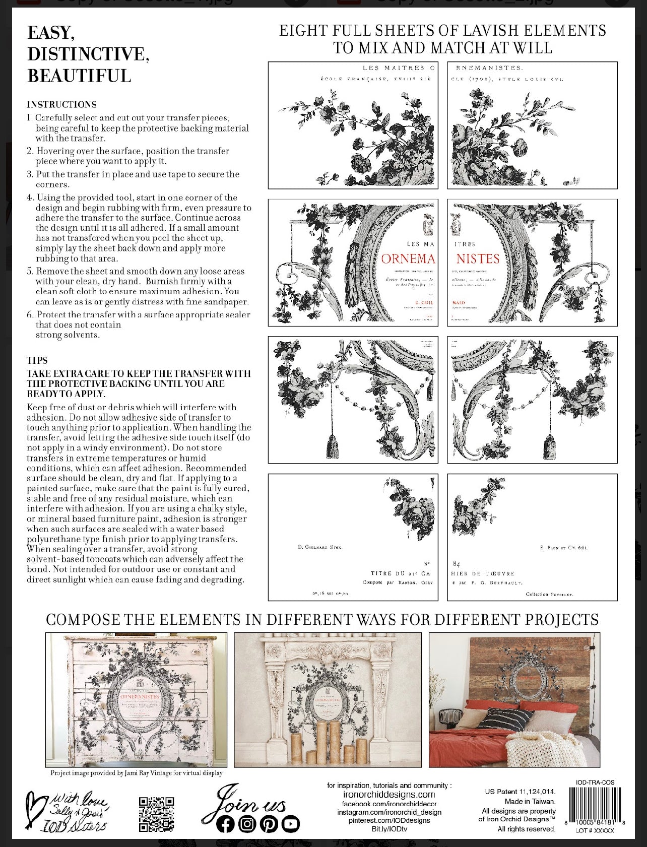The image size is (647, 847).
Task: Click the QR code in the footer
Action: [157, 814]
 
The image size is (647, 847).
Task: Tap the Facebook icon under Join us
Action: [225, 824]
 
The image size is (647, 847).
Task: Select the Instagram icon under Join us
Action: [247, 824]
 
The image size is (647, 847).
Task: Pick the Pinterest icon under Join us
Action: [269, 824]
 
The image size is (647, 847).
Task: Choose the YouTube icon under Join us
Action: [290, 824]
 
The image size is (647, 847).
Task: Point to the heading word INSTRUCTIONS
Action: [61, 104]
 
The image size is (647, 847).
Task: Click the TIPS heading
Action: [37, 360]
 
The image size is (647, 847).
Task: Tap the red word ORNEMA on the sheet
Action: [408, 259]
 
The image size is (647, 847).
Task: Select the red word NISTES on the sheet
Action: [478, 259]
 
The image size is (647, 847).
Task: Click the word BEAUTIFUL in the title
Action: [79, 76]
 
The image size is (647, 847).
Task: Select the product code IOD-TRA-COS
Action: [595, 783]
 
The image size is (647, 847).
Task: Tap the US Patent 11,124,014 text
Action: [520, 792]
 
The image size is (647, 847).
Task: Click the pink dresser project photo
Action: [136, 700]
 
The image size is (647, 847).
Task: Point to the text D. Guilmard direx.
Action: [320, 547]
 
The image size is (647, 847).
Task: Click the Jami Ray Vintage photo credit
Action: [136, 772]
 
